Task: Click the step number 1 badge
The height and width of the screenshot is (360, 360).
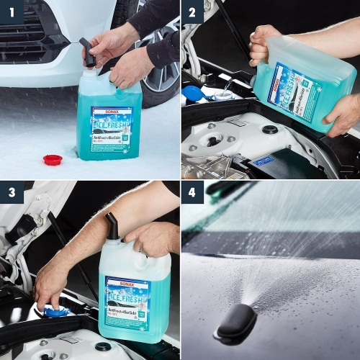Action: [x=12, y=12]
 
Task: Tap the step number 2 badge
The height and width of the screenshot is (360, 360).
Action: [x=192, y=12]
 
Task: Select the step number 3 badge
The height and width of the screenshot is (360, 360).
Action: [x=12, y=192]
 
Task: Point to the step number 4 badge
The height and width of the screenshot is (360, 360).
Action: [x=192, y=192]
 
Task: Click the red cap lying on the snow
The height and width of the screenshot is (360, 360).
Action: [x=53, y=159]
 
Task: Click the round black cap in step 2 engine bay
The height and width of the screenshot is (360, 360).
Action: [x=270, y=130]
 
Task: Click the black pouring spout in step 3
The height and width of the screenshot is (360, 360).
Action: [x=113, y=226]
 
